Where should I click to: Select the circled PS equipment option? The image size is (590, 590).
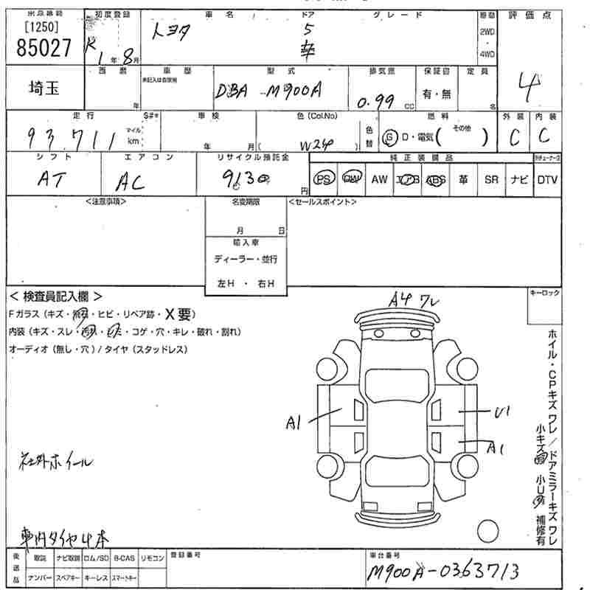click(323, 179)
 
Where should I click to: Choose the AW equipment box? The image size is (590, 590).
click(379, 179)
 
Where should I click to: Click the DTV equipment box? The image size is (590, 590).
click(547, 179)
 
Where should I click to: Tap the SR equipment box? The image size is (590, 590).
click(491, 179)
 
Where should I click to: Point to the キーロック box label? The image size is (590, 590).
click(544, 294)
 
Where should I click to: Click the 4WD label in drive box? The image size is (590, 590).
click(487, 53)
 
